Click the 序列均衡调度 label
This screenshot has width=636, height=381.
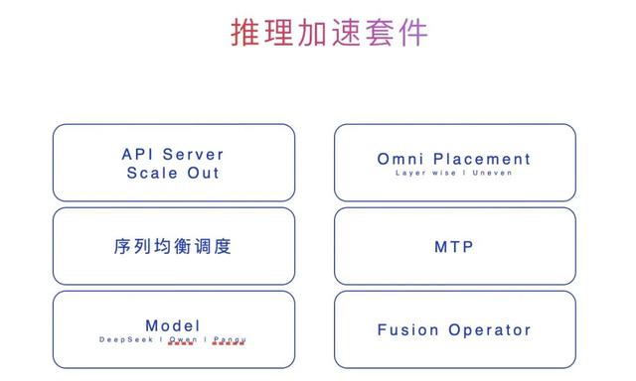tap(173, 246)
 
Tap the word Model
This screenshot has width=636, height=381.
tap(173, 325)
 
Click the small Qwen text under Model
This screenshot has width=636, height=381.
tap(183, 339)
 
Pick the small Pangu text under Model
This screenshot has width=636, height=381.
tap(230, 339)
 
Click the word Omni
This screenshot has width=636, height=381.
tap(400, 159)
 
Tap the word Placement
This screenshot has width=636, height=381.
tap(481, 159)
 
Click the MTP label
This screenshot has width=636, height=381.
tap(454, 246)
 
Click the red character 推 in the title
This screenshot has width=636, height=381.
tap(245, 34)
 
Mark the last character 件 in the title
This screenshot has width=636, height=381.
tap(412, 34)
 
